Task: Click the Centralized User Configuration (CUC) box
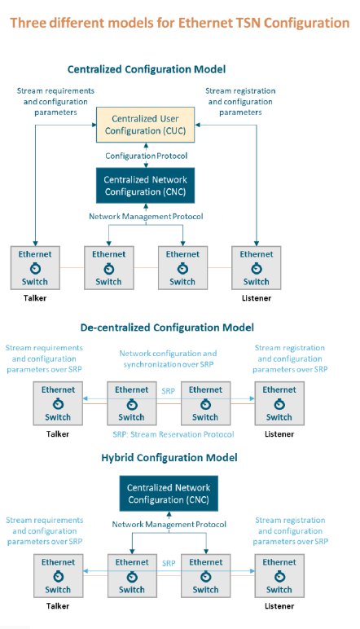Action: point(145,125)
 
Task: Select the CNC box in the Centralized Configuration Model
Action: point(145,185)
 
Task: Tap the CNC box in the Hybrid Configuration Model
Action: point(169,494)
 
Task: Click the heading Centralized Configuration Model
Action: point(147,69)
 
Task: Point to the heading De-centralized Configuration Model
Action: point(167,328)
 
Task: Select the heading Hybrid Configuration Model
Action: point(169,458)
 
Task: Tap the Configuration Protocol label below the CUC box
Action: point(147,156)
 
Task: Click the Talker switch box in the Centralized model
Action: point(35,268)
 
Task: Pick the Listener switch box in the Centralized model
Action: point(257,268)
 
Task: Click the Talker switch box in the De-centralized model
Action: point(58,403)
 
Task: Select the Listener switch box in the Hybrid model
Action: point(279,576)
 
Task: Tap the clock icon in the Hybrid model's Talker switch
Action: point(58,577)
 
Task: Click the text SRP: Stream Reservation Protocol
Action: point(173,434)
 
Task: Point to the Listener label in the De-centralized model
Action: point(279,434)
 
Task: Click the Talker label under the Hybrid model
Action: point(58,606)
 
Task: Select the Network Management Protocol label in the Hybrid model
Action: point(169,524)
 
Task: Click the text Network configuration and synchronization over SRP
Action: point(168,359)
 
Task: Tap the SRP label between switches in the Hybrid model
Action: point(169,563)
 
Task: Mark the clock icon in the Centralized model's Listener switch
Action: point(257,268)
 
